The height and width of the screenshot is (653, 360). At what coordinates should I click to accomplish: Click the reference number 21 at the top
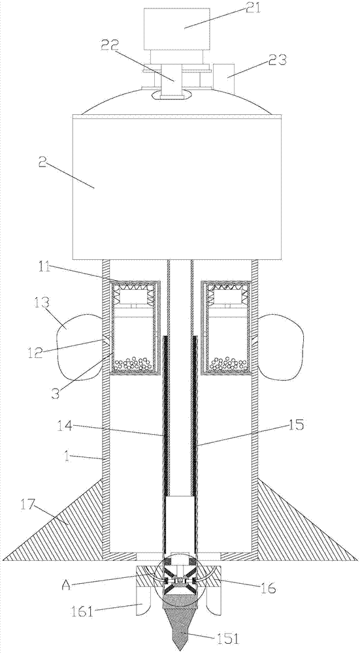(252, 8)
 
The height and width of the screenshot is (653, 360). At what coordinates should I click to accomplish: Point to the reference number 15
(295, 425)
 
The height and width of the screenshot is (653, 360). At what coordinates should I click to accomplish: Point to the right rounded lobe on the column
(280, 345)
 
